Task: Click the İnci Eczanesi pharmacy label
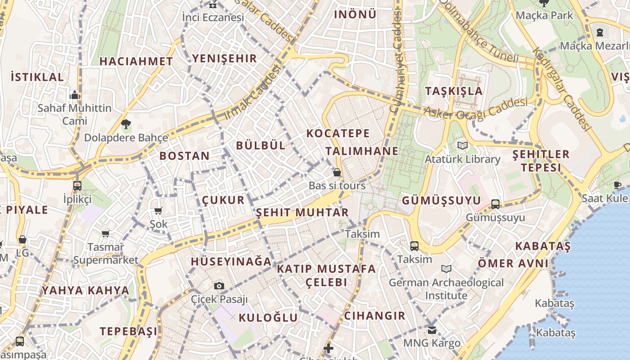(x=213, y=18)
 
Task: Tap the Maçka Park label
(x=544, y=15)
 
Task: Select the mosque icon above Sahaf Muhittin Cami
(x=75, y=95)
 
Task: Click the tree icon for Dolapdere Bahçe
(x=126, y=124)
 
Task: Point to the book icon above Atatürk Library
(x=463, y=145)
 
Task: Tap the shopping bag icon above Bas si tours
(x=337, y=172)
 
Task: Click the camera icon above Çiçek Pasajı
(x=219, y=286)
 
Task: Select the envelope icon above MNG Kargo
(x=432, y=330)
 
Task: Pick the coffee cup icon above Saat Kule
(x=617, y=185)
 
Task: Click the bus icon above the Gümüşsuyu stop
(x=495, y=204)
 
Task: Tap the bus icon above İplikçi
(x=77, y=185)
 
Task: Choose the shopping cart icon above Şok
(x=158, y=211)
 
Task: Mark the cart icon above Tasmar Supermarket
(x=106, y=234)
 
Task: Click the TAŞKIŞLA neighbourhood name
(x=454, y=91)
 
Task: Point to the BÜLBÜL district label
(x=261, y=145)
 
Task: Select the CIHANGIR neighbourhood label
(x=374, y=315)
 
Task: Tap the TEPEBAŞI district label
(x=129, y=331)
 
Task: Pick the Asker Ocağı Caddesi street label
(x=476, y=109)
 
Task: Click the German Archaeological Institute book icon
(x=446, y=269)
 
